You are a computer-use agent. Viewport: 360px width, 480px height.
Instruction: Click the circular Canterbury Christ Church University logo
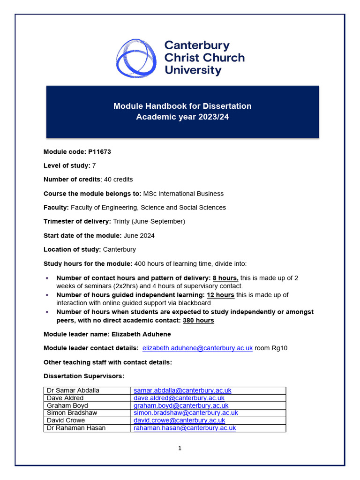136,58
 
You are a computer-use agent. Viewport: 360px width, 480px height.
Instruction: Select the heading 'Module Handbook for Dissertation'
182,106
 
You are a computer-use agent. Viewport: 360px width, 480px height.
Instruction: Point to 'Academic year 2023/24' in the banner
182,117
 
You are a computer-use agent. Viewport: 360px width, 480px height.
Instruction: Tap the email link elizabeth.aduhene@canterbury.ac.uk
197,348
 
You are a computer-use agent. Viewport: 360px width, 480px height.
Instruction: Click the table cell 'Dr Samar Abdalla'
73,390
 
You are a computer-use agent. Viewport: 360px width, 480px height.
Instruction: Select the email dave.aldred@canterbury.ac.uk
179,398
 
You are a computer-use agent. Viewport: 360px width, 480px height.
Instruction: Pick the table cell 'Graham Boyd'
67,405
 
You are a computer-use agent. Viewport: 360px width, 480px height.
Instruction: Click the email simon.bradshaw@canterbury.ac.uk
186,413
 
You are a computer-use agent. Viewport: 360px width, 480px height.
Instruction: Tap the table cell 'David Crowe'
66,420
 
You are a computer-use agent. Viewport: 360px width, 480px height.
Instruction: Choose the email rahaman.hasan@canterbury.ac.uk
185,428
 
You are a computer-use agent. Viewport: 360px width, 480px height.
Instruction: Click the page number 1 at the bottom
180,448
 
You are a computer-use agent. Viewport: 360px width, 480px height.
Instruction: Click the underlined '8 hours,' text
225,278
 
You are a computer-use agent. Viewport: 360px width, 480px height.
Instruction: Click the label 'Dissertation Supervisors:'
84,376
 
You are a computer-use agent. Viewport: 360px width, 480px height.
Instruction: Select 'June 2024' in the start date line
139,235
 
